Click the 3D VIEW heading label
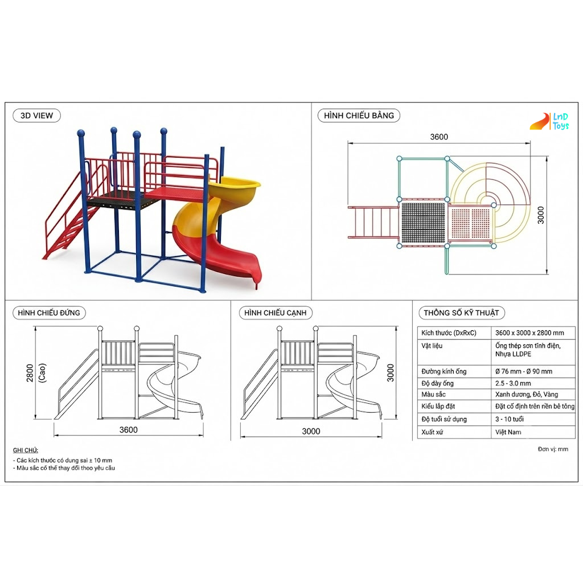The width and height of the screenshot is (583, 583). pyautogui.click(x=36, y=116)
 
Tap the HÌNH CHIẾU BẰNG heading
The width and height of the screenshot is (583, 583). pyautogui.click(x=359, y=116)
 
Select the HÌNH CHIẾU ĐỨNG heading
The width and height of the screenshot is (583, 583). pyautogui.click(x=49, y=313)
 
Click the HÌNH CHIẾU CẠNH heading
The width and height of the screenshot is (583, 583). pyautogui.click(x=276, y=313)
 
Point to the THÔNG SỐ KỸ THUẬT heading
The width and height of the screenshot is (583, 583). pyautogui.click(x=461, y=313)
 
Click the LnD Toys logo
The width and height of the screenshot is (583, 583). pyautogui.click(x=549, y=122)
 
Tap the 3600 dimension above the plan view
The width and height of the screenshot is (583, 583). pyautogui.click(x=439, y=137)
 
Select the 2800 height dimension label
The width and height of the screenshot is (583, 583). pyautogui.click(x=30, y=373)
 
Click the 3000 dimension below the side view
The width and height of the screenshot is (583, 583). pyautogui.click(x=311, y=432)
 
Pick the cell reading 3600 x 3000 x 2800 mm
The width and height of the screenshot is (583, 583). pyautogui.click(x=529, y=332)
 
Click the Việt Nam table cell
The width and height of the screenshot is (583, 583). pyautogui.click(x=508, y=432)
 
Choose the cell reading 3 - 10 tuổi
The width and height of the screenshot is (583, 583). pyautogui.click(x=510, y=419)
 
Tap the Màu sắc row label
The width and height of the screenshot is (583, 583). pyautogui.click(x=433, y=394)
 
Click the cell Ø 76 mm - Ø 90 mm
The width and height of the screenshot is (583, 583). pyautogui.click(x=524, y=371)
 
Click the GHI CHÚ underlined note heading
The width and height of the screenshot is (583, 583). pyautogui.click(x=25, y=450)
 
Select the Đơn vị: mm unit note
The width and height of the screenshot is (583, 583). pyautogui.click(x=553, y=449)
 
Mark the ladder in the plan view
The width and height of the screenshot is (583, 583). pyautogui.click(x=373, y=222)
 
